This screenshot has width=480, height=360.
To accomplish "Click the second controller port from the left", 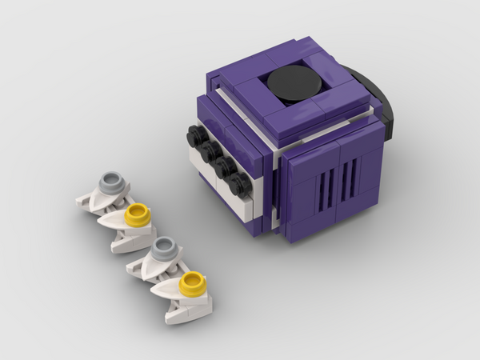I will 210,150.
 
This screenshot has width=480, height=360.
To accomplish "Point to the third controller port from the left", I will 224,167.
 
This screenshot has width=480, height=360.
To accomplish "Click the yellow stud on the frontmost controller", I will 193,280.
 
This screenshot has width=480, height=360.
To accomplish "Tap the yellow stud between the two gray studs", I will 138,213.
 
